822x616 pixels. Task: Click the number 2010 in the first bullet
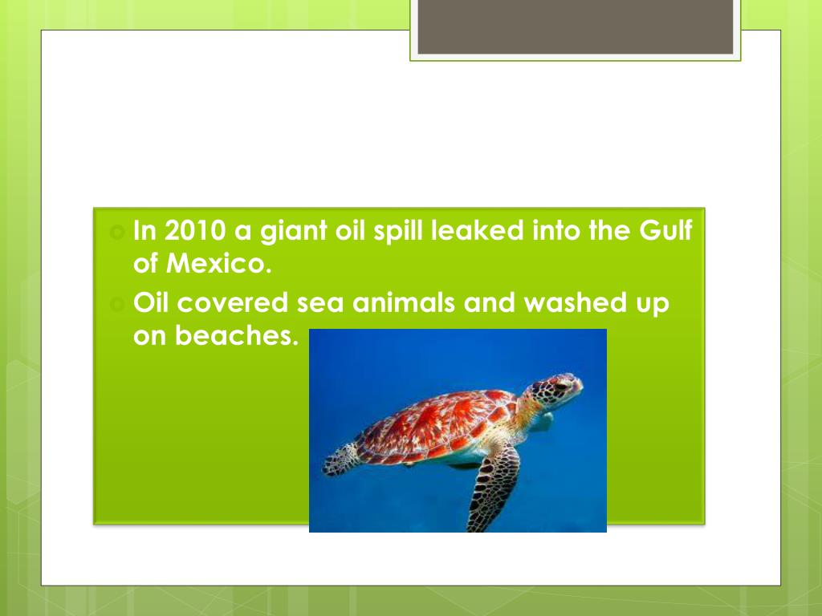(x=195, y=230)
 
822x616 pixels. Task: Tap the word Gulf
(x=665, y=230)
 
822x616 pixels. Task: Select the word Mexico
(x=218, y=263)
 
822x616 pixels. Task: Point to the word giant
(x=294, y=232)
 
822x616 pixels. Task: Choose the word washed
(x=576, y=302)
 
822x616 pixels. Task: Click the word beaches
(x=237, y=335)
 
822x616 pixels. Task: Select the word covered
(x=233, y=303)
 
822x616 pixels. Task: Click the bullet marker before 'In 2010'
(x=117, y=232)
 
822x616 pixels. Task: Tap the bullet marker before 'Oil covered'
(x=117, y=304)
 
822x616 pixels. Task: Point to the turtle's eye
(x=561, y=386)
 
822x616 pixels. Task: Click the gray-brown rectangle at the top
(x=575, y=26)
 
